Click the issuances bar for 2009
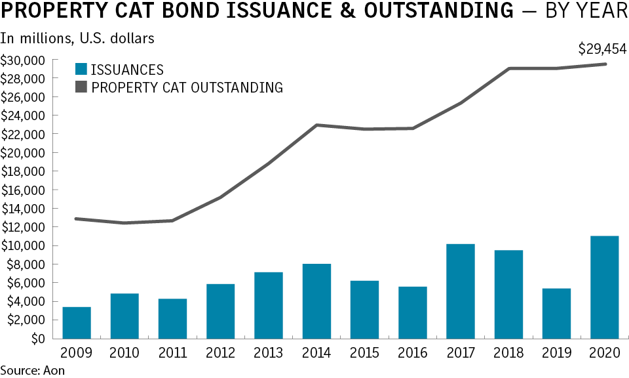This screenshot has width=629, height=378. (77, 322)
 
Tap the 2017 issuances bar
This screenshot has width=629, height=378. (460, 291)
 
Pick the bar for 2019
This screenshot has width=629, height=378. (556, 314)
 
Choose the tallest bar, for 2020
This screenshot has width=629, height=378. (603, 287)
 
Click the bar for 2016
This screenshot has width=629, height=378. (412, 312)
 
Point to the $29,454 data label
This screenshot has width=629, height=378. (601, 49)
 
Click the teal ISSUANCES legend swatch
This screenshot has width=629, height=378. (81, 70)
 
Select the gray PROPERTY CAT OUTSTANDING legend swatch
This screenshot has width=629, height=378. (81, 87)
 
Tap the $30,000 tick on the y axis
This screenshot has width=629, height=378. (23, 60)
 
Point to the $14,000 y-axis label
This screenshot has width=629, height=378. (23, 209)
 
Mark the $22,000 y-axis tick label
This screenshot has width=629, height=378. (23, 135)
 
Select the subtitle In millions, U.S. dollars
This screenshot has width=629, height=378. (77, 38)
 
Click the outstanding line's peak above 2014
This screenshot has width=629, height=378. (316, 125)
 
